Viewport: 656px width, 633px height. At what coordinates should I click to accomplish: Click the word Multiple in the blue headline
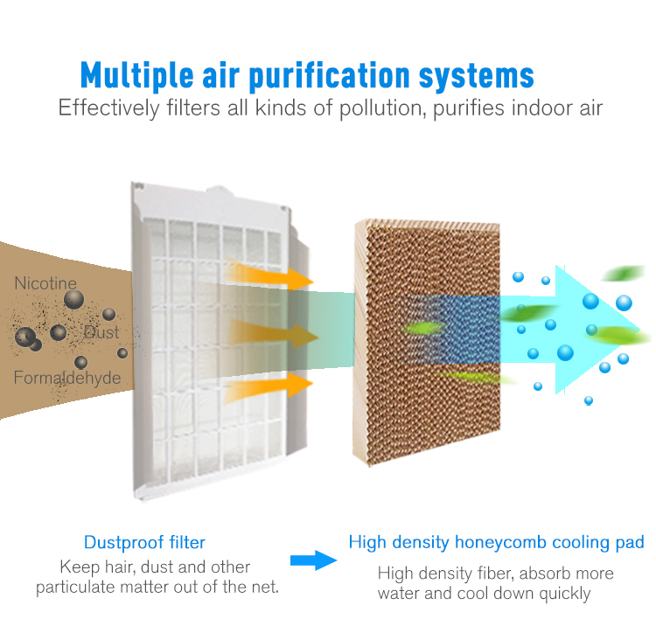[x=137, y=75]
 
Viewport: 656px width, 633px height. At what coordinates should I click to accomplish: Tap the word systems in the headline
[x=477, y=77]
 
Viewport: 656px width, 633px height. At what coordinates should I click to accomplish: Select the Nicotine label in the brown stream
[x=45, y=283]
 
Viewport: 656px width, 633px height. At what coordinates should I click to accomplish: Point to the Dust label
[x=101, y=332]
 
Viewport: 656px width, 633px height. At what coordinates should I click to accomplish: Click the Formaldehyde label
[x=67, y=378]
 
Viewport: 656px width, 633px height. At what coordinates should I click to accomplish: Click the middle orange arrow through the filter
[x=272, y=334]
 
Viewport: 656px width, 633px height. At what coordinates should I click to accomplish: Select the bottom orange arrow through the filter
[x=269, y=387]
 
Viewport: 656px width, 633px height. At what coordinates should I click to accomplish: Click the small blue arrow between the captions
[x=313, y=560]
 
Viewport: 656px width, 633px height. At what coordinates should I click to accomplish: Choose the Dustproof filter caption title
[x=144, y=542]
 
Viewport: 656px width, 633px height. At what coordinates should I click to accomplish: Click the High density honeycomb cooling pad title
[x=496, y=542]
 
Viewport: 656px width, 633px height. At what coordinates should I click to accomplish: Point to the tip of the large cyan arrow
[x=639, y=329]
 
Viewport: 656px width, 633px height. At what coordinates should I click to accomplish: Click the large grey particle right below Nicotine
[x=74, y=300]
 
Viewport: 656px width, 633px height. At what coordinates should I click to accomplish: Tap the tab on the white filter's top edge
[x=219, y=191]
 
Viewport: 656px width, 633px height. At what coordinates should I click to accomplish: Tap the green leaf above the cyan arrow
[x=624, y=274]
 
